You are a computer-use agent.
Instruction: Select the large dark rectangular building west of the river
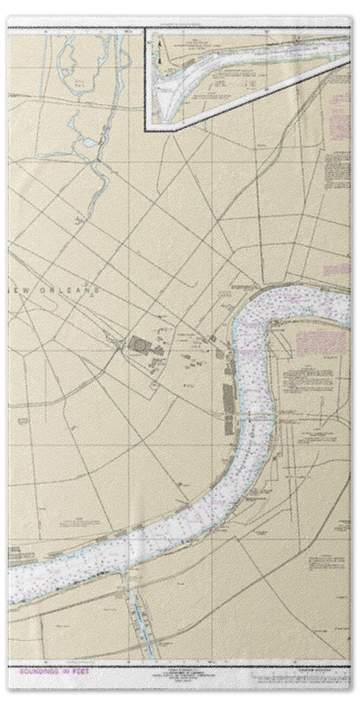pos(138,345)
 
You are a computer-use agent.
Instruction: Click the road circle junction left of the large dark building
pos(113,343)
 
